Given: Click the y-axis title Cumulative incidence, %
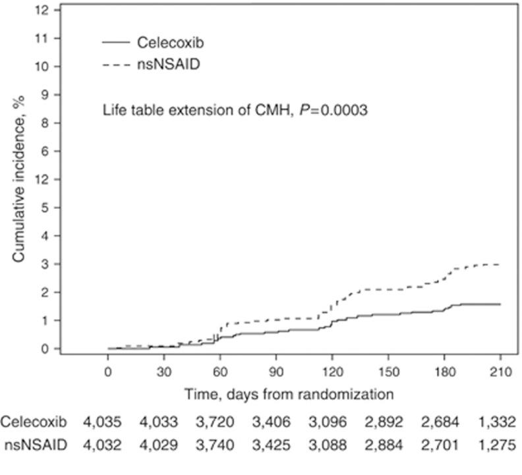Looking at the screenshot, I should coord(20,179).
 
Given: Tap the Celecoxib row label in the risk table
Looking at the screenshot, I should coord(34,422).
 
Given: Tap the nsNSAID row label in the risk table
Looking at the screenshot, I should coord(34,445).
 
